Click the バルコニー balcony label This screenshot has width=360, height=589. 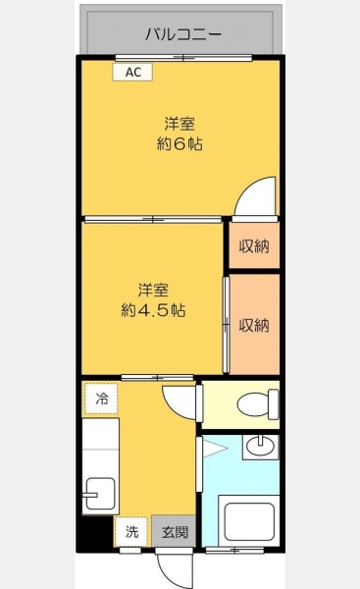(x=183, y=34)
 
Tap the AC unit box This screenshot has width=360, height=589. (x=132, y=72)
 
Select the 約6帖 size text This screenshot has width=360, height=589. (x=180, y=144)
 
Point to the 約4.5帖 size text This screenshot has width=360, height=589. (x=153, y=310)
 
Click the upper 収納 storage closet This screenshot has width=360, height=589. (x=254, y=245)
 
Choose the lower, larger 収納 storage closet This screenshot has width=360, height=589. (x=254, y=324)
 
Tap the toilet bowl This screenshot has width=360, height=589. (x=258, y=404)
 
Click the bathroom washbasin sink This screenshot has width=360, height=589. (x=261, y=447)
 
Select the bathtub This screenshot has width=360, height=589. (x=249, y=520)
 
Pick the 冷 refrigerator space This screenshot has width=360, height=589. (x=101, y=399)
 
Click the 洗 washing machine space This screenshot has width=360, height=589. (x=131, y=531)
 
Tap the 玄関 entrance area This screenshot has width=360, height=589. (x=175, y=531)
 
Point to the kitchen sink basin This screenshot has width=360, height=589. (x=99, y=494)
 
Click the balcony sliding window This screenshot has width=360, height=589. (x=183, y=58)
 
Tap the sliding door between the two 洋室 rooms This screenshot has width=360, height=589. (x=153, y=219)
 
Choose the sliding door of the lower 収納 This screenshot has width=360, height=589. (x=226, y=325)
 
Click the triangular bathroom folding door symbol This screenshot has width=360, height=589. (x=215, y=449)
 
